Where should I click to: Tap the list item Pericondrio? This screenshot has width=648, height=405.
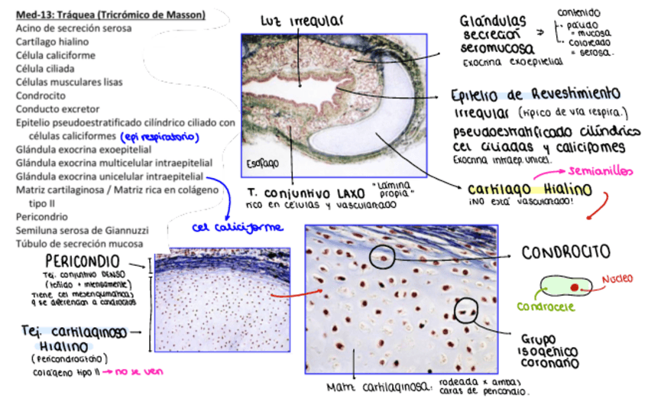40,217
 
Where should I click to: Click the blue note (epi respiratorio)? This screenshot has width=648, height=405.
161,137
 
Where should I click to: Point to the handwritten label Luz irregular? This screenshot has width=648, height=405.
301,20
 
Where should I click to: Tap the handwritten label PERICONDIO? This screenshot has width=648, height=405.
85,261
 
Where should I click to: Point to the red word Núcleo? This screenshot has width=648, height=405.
617,279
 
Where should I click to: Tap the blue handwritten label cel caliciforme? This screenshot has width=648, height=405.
237,227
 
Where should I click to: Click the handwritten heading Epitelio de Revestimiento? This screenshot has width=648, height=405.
535,95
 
